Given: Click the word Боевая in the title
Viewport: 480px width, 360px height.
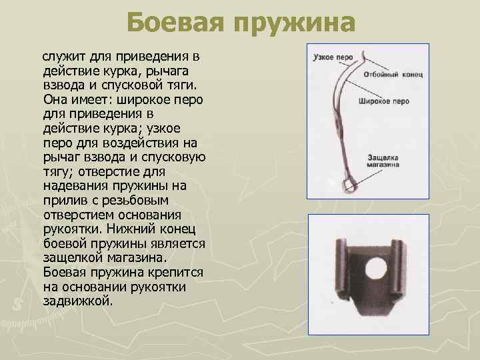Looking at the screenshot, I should click(175, 25).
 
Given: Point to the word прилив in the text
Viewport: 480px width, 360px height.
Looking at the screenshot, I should click(61, 200).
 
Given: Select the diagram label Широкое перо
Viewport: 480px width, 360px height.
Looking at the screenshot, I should click(383, 101).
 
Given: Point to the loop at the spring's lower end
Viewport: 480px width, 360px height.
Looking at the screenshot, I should click(348, 185).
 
